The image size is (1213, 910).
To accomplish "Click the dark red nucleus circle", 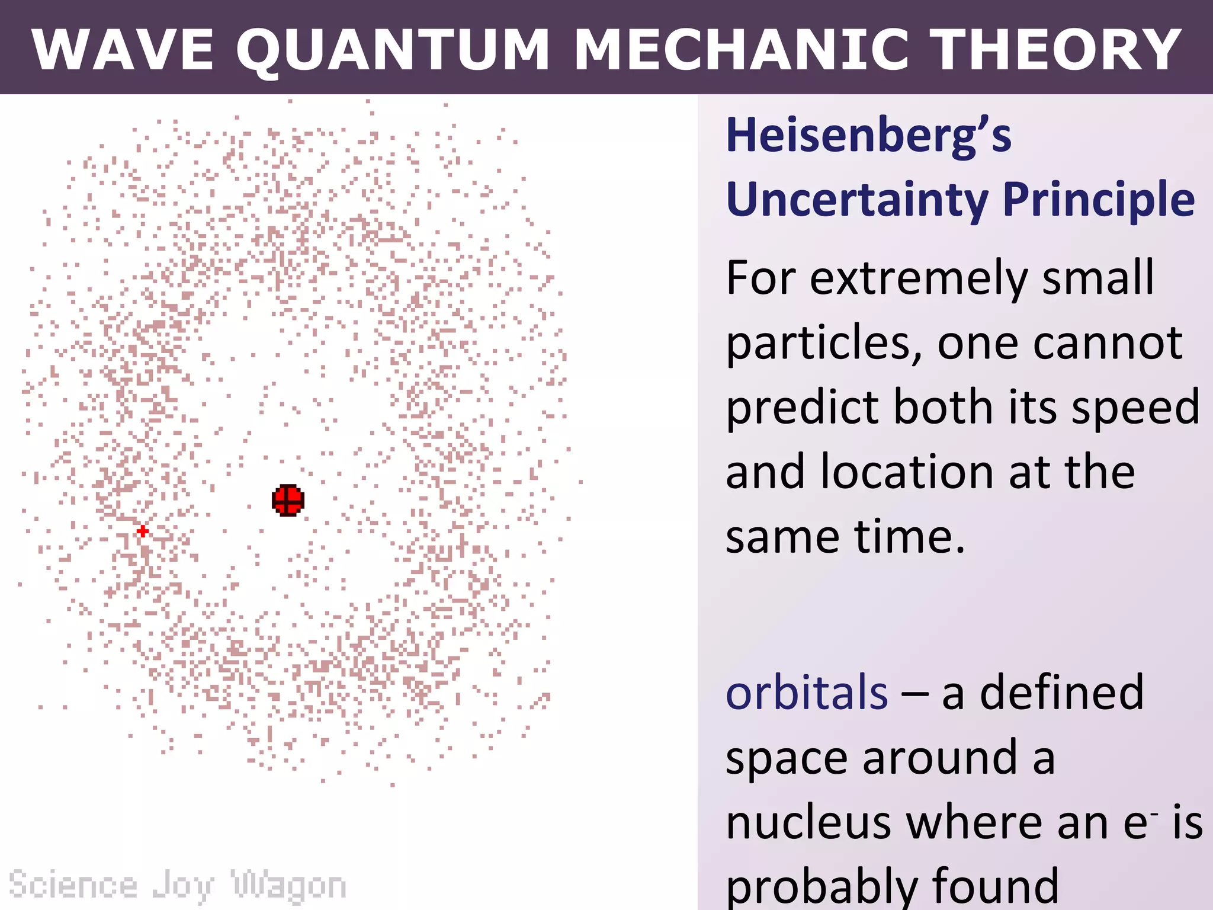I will [x=288, y=500].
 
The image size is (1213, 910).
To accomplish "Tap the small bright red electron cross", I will [x=143, y=531].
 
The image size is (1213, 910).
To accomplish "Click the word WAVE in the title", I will [x=122, y=50].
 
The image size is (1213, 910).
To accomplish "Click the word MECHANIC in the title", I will [x=740, y=50].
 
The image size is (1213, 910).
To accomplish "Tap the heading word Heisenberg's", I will [x=868, y=136].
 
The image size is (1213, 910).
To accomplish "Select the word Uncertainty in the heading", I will [x=857, y=200].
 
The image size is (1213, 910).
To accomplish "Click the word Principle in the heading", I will [x=1099, y=200].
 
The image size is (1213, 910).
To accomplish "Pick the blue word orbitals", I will [x=807, y=693].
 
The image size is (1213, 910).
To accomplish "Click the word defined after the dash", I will [x=1061, y=693].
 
